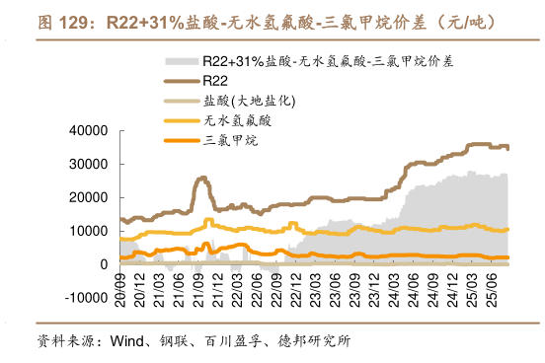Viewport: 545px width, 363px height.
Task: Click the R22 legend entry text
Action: pyautogui.click(x=215, y=80)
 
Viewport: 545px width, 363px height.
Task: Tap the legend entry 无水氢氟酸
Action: pyautogui.click(x=237, y=120)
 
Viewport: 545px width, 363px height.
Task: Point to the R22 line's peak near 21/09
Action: pyautogui.click(x=202, y=179)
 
